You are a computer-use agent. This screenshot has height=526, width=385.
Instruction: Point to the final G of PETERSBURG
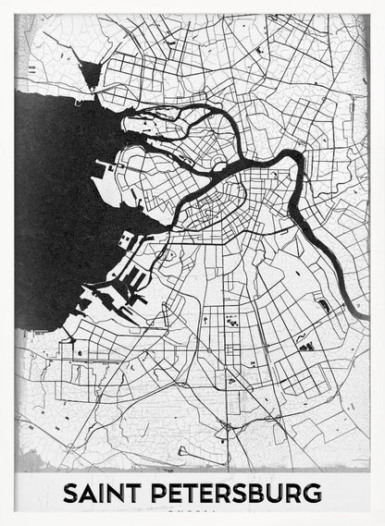click(x=313, y=493)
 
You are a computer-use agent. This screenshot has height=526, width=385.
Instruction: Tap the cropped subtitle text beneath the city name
click(x=192, y=509)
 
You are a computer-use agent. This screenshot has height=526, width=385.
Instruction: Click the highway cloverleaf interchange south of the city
click(x=226, y=427)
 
